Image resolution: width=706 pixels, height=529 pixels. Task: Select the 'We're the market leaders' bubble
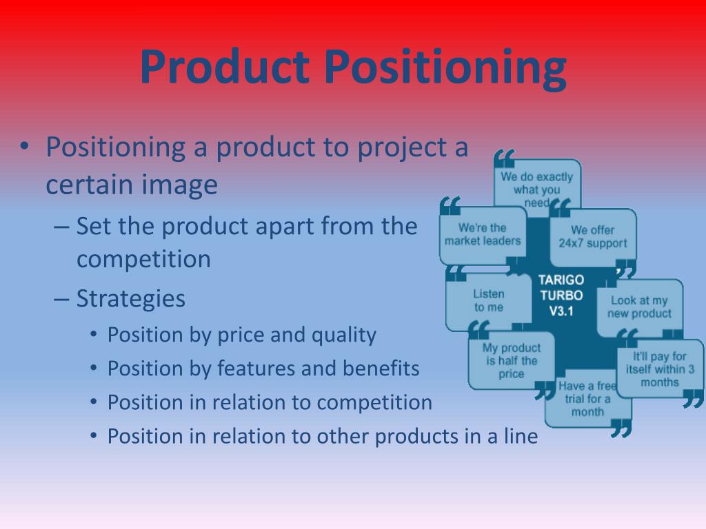[x=483, y=234]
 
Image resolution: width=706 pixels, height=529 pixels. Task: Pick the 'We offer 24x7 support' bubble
[x=592, y=236]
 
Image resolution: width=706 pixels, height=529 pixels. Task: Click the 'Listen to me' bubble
[x=488, y=301]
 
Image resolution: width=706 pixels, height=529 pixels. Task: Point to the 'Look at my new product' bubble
[x=639, y=307]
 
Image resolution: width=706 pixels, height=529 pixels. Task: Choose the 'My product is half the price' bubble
[x=511, y=361]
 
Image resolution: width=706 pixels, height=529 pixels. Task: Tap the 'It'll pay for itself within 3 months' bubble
[x=660, y=369]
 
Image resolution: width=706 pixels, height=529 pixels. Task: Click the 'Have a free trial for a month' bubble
[x=587, y=400]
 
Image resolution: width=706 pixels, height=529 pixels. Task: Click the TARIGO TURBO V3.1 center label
[x=561, y=295]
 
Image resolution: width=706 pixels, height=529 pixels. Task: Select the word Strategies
[x=131, y=299]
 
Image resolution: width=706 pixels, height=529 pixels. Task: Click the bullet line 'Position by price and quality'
[x=241, y=335]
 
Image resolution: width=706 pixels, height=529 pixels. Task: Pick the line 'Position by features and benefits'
[x=263, y=369]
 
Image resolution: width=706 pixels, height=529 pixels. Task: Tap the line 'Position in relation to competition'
[x=270, y=402]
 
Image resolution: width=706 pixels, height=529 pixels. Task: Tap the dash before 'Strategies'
[x=61, y=299]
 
